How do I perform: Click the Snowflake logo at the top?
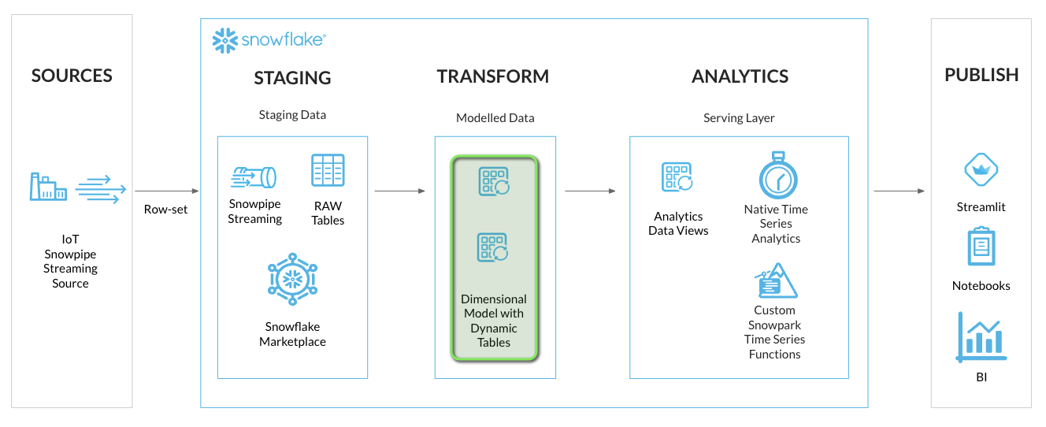pyautogui.click(x=269, y=40)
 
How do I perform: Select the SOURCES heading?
pyautogui.click(x=72, y=76)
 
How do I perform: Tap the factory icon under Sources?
pyautogui.click(x=48, y=187)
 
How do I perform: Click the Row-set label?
pyautogui.click(x=165, y=210)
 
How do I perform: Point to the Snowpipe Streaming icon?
pyautogui.click(x=254, y=176)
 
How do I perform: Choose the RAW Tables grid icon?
pyautogui.click(x=328, y=170)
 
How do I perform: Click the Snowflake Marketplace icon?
pyautogui.click(x=292, y=280)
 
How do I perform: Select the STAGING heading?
pyautogui.click(x=292, y=78)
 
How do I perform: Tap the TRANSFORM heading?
pyautogui.click(x=493, y=76)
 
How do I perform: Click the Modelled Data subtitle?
pyautogui.click(x=495, y=117)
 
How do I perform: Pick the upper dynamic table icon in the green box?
pyautogui.click(x=494, y=181)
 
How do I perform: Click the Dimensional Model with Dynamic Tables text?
pyautogui.click(x=494, y=321)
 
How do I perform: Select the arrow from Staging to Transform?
pyautogui.click(x=399, y=191)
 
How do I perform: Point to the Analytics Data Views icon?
pyautogui.click(x=677, y=178)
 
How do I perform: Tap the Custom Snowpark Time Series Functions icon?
pyautogui.click(x=776, y=281)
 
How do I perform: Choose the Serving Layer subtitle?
pyautogui.click(x=739, y=117)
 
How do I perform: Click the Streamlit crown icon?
pyautogui.click(x=981, y=170)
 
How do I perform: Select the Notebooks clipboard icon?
pyautogui.click(x=981, y=246)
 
